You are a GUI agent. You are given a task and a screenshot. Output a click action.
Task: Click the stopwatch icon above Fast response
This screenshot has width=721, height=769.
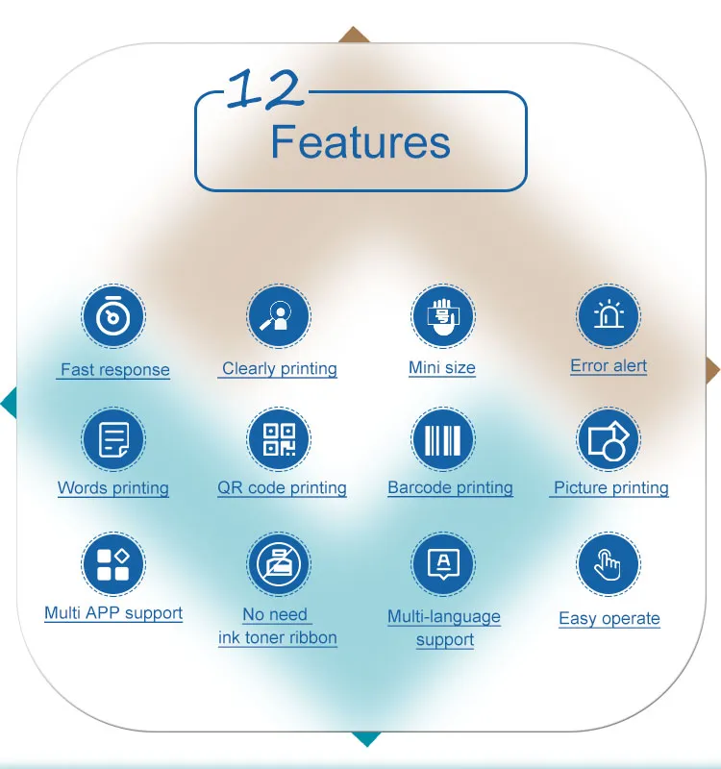tap(113, 316)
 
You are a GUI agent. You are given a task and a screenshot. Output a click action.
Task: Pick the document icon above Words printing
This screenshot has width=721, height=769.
tap(113, 439)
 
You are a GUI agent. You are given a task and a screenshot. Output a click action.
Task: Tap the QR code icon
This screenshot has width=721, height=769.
tap(279, 439)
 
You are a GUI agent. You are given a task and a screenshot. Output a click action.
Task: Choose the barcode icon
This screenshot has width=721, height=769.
tap(443, 439)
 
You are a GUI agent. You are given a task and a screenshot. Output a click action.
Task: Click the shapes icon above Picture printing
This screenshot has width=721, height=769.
tap(609, 439)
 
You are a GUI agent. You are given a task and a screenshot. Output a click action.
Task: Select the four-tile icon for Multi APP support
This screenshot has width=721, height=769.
tap(113, 564)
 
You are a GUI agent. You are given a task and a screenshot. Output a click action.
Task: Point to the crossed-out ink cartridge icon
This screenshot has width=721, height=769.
tap(279, 564)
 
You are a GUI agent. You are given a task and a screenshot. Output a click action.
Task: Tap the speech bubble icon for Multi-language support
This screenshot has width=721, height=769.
tap(443, 564)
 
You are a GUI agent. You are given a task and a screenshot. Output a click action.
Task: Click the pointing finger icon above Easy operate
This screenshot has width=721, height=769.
tap(609, 564)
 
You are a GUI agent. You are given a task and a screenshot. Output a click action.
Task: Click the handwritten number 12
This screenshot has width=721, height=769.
tap(265, 89)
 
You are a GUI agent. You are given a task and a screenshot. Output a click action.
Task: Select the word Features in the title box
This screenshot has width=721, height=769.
tap(360, 142)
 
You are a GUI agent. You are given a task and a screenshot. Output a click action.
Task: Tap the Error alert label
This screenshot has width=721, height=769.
tap(609, 366)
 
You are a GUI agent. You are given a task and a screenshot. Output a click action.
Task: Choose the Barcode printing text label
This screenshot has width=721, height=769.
tap(450, 488)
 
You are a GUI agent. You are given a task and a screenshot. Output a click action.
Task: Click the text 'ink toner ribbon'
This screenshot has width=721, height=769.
tap(278, 638)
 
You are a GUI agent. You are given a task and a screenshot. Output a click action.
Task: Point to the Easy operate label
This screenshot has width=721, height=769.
tap(609, 619)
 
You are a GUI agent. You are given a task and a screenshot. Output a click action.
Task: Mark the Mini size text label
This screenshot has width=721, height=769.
tap(442, 368)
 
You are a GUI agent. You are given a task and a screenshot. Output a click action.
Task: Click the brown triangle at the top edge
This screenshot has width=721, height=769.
tap(354, 36)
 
